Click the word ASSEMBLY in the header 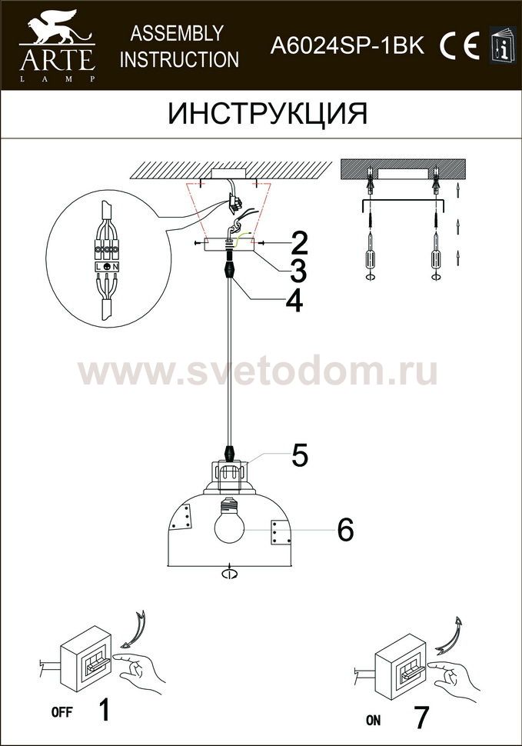click(176, 33)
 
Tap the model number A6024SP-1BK click(347, 46)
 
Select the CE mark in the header click(459, 46)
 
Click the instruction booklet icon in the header click(503, 45)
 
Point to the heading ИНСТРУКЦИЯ click(268, 114)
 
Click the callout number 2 click(298, 243)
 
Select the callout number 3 click(298, 271)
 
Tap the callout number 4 click(294, 301)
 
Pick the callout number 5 click(300, 455)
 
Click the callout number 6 click(346, 529)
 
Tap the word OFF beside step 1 click(62, 712)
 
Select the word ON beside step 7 click(373, 721)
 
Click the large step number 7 click(421, 718)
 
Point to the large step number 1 click(103, 710)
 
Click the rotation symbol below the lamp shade click(229, 573)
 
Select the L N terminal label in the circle click(107, 266)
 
